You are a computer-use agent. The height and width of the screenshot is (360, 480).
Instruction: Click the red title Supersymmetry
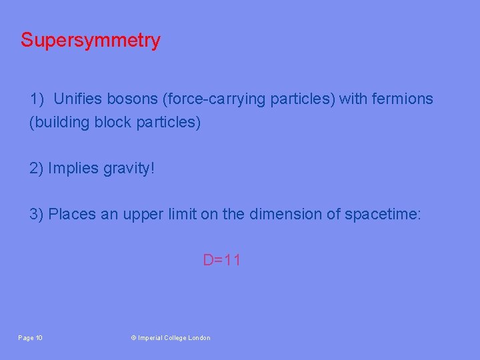(x=90, y=41)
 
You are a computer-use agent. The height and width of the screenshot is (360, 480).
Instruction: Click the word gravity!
(x=129, y=169)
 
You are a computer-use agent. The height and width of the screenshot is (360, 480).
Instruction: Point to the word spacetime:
(x=383, y=214)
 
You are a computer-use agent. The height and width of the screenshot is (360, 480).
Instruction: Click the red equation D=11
(x=221, y=260)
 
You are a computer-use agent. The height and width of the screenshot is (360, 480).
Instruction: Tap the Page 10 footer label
(x=30, y=338)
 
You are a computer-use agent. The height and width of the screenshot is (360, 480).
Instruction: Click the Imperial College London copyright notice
(x=170, y=338)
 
